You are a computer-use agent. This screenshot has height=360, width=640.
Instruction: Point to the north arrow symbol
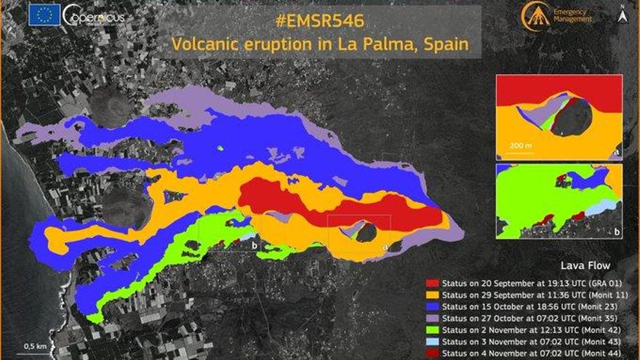click(623, 12)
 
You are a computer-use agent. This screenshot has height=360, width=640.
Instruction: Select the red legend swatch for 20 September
click(432, 281)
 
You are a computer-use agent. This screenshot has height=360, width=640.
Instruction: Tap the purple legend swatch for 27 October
click(432, 318)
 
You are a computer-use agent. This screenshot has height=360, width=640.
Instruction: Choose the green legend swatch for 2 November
click(432, 330)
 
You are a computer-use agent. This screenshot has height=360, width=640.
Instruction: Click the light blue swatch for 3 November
click(432, 342)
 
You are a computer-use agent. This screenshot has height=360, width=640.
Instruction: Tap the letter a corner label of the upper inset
click(617, 153)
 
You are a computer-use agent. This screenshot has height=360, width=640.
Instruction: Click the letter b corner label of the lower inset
click(617, 231)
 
